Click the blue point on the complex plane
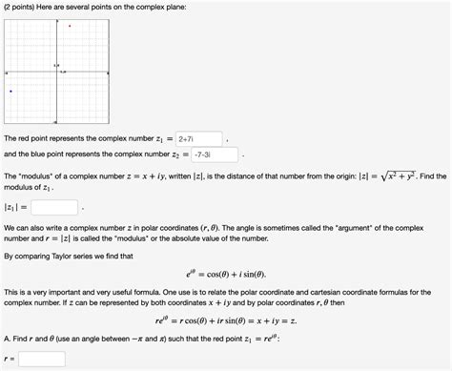(x=10, y=92)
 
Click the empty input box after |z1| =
(x=55, y=206)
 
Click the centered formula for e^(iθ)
(x=225, y=272)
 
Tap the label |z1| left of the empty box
(x=13, y=206)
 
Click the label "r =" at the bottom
(x=10, y=360)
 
